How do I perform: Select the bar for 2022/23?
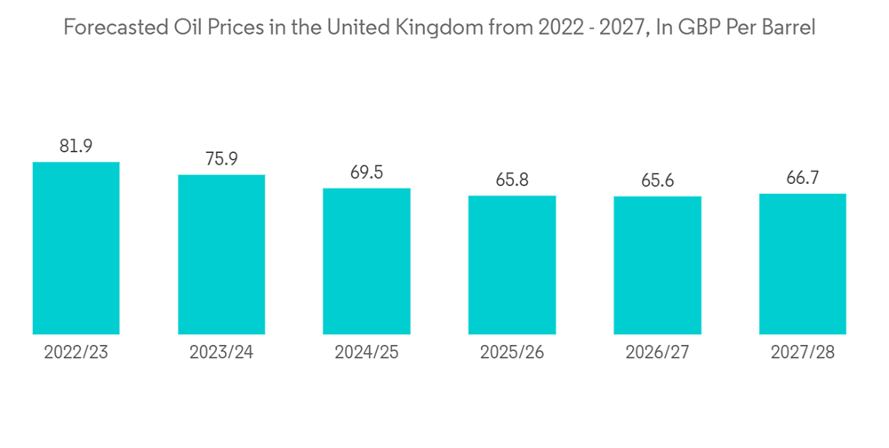click(76, 248)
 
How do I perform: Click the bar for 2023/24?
click(221, 254)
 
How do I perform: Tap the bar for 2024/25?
click(366, 261)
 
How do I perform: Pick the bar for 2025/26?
click(512, 265)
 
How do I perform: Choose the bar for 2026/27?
click(657, 266)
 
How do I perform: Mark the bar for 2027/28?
click(803, 264)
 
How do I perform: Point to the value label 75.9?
click(221, 159)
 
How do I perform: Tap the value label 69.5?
click(366, 172)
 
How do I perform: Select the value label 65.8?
click(512, 180)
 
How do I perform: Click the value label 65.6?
click(657, 181)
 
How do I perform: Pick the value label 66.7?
click(803, 179)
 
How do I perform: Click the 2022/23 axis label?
click(76, 353)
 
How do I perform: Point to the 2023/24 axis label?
click(221, 353)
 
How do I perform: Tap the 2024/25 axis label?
click(366, 353)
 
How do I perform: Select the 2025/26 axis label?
click(512, 353)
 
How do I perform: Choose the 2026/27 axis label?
click(657, 353)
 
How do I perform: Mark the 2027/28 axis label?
click(803, 353)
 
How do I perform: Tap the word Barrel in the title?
click(788, 28)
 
